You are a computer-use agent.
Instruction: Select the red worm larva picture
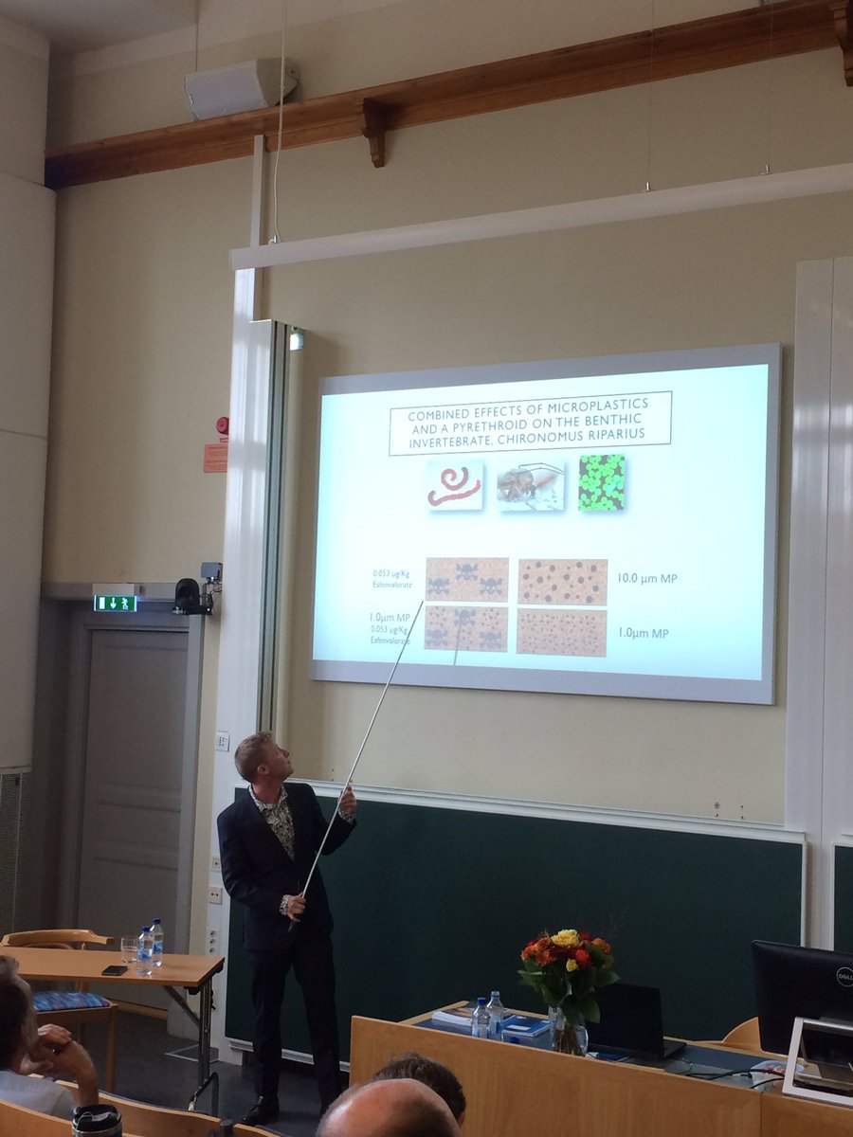(455, 485)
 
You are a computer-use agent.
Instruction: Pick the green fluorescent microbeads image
(602, 483)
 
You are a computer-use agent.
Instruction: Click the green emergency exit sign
(115, 603)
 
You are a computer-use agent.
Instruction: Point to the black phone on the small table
(114, 970)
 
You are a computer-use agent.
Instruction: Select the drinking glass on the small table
(128, 948)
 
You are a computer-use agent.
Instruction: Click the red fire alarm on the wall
(222, 425)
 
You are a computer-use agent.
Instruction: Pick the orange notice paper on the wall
(215, 457)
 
